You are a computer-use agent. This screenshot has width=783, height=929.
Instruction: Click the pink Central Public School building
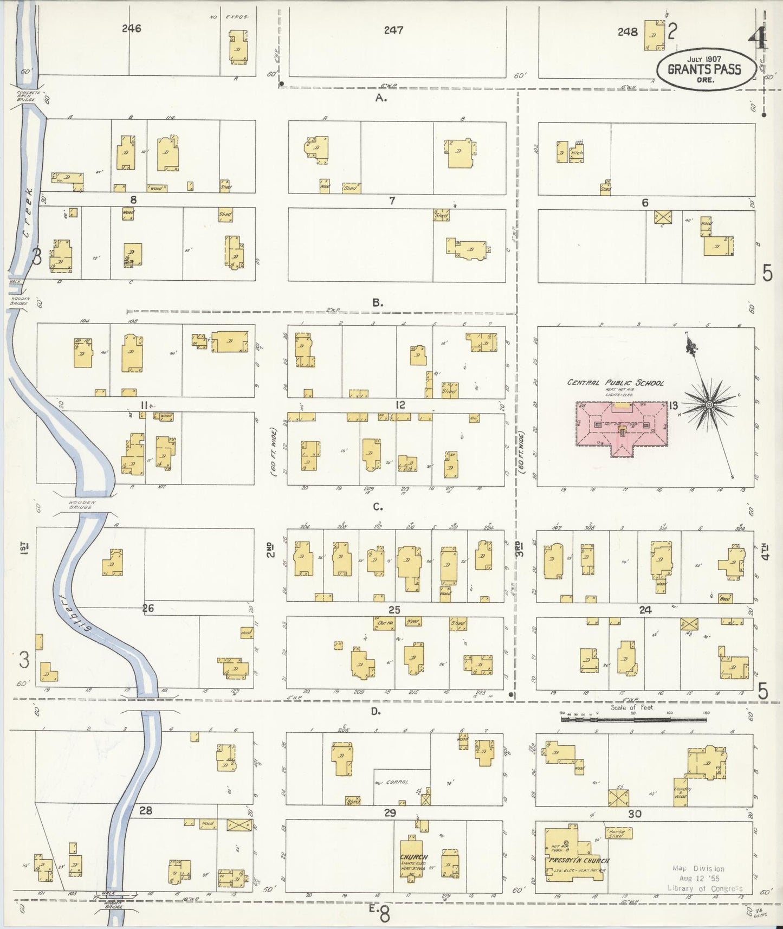click(622, 428)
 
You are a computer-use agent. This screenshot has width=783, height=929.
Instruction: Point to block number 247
click(393, 30)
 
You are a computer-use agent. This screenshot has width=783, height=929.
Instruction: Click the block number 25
click(394, 610)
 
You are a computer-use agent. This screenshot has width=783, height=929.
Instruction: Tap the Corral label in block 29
click(399, 783)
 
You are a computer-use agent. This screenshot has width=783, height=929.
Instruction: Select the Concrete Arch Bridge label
click(25, 96)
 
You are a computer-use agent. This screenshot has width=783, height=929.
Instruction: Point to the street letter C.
click(378, 507)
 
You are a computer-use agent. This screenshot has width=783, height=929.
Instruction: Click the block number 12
click(400, 405)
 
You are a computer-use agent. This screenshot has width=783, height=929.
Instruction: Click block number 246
click(131, 29)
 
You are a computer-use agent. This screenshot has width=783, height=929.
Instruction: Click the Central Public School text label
click(615, 383)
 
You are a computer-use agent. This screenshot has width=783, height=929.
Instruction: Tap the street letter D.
click(376, 711)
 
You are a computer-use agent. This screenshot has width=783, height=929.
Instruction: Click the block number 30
click(635, 814)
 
